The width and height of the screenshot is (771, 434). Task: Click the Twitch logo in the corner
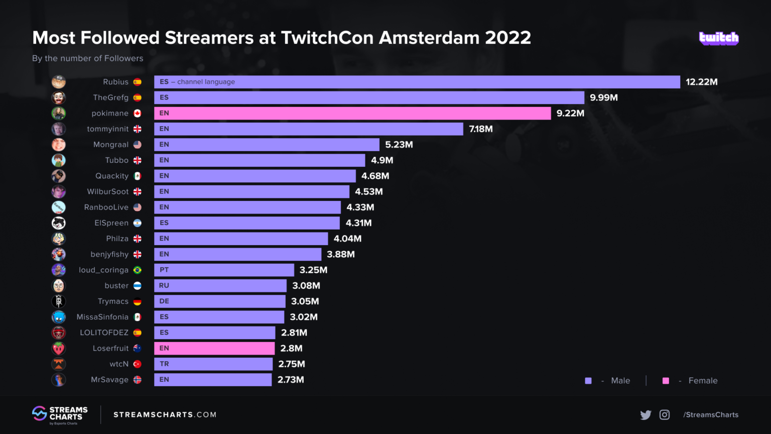718,38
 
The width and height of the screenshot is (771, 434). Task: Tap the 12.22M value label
701,82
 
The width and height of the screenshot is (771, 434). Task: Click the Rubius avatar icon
59,82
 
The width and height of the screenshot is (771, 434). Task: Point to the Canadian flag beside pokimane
138,114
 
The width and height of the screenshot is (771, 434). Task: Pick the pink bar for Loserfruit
214,348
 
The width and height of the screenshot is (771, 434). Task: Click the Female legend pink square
666,381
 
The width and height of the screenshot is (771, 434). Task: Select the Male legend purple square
588,381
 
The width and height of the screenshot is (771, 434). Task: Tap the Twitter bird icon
646,415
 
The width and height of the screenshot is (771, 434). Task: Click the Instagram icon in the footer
665,415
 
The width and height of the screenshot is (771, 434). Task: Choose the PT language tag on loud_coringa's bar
164,270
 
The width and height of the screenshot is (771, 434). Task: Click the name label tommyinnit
107,129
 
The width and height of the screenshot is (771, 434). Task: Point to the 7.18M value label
480,129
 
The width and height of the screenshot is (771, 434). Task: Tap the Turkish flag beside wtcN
138,364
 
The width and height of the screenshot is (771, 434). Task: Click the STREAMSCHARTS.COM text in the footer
165,415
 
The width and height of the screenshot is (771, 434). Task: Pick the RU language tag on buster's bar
164,285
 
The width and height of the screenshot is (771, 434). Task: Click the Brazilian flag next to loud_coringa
138,270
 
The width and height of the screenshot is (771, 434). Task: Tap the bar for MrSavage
213,380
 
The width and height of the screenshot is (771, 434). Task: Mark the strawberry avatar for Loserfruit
59,348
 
